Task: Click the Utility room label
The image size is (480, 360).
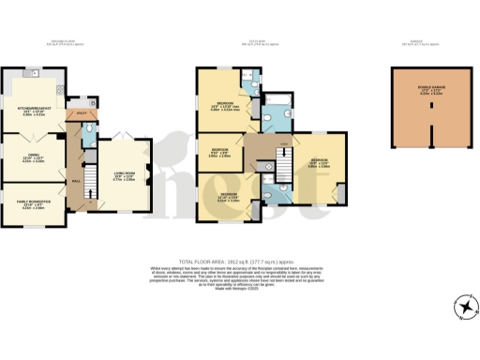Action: pos(82,111)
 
